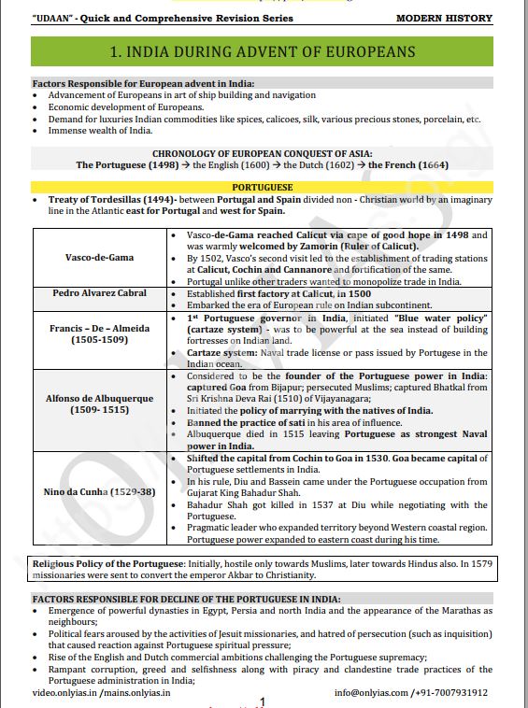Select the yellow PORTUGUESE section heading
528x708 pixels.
[264, 187]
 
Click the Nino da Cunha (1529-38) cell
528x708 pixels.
[98, 491]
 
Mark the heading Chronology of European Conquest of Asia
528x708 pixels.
[263, 153]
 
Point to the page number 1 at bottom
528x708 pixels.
[263, 701]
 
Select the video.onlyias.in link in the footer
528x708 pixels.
[64, 692]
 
